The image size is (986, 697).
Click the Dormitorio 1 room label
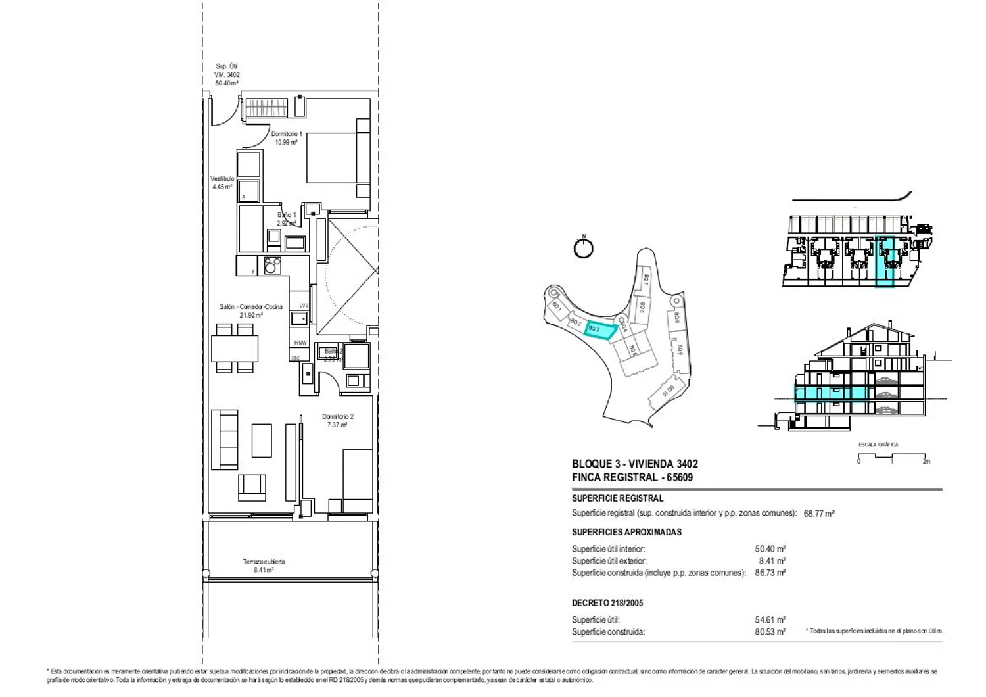pyautogui.click(x=287, y=134)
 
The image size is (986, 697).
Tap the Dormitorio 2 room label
pyautogui.click(x=337, y=417)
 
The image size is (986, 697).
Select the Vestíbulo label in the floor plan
pyautogui.click(x=222, y=179)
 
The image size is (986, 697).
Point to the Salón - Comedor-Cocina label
pyautogui.click(x=250, y=307)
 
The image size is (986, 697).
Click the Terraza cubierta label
pyautogui.click(x=264, y=562)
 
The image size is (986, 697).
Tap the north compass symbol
pyautogui.click(x=583, y=248)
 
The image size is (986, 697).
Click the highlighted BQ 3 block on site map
pyautogui.click(x=600, y=330)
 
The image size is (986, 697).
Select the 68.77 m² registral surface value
pyautogui.click(x=818, y=514)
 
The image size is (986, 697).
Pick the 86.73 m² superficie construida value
pyautogui.click(x=770, y=573)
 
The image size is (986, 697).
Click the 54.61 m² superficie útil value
pyautogui.click(x=770, y=620)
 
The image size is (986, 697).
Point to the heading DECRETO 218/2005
pyautogui.click(x=607, y=603)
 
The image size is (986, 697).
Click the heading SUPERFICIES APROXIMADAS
pyautogui.click(x=626, y=532)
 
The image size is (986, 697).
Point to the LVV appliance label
pyautogui.click(x=304, y=306)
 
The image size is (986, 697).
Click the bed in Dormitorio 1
pyautogui.click(x=337, y=158)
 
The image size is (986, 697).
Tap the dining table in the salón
pyautogui.click(x=235, y=348)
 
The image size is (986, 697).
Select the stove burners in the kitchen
pyautogui.click(x=272, y=266)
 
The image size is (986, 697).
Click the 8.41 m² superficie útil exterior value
pyautogui.click(x=772, y=561)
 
